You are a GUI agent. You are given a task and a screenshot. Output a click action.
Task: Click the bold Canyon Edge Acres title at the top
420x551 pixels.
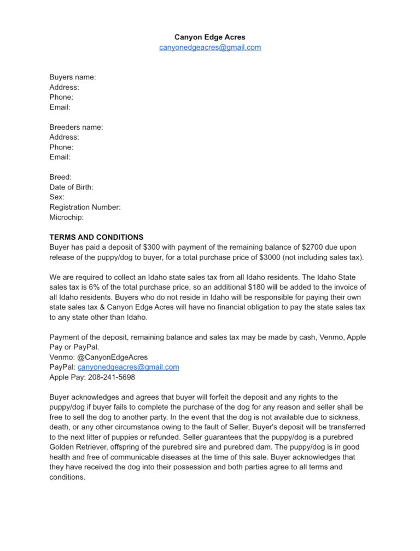(210, 37)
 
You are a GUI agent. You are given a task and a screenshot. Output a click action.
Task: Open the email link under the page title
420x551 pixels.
(210, 47)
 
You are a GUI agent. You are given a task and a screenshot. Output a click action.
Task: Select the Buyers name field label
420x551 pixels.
(73, 77)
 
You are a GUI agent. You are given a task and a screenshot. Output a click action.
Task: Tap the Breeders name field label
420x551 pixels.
(76, 127)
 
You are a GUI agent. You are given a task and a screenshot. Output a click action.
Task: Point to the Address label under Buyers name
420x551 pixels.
(64, 87)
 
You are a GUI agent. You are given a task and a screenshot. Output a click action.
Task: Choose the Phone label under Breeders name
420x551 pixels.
(61, 147)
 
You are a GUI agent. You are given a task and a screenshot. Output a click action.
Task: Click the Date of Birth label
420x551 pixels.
(71, 187)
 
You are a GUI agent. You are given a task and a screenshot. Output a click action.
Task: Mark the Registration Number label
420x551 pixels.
(85, 207)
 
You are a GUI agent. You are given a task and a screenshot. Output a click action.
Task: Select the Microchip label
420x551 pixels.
(67, 217)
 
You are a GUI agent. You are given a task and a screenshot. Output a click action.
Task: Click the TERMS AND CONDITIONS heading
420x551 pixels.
(96, 237)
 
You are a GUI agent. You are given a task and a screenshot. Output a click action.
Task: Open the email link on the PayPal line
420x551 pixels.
(129, 367)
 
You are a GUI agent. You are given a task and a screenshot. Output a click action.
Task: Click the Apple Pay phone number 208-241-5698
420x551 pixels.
(108, 377)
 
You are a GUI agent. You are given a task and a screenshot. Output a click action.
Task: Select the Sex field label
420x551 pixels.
(57, 197)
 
